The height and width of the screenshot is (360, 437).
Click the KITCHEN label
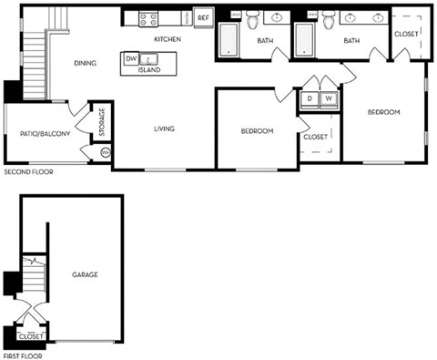168,39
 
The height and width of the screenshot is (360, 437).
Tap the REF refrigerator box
202,17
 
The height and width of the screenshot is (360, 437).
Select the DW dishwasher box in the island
131,58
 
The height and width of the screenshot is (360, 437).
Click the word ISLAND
149,69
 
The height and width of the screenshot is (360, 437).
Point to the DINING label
86,63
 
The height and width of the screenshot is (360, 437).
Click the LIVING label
164,129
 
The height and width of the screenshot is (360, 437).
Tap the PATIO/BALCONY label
45,134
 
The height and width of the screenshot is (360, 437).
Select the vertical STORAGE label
102,121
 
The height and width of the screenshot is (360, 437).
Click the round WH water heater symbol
105,152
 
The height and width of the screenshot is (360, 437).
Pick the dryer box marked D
310,98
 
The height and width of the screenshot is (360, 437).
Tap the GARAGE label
85,274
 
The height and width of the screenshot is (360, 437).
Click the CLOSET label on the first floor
32,335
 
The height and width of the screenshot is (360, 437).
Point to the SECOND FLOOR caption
29,171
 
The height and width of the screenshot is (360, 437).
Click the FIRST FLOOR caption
24,355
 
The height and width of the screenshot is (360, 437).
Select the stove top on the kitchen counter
148,17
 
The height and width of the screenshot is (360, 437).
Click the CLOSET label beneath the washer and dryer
315,137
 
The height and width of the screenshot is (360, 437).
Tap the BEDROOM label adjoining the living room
257,131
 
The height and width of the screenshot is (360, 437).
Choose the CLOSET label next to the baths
406,34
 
